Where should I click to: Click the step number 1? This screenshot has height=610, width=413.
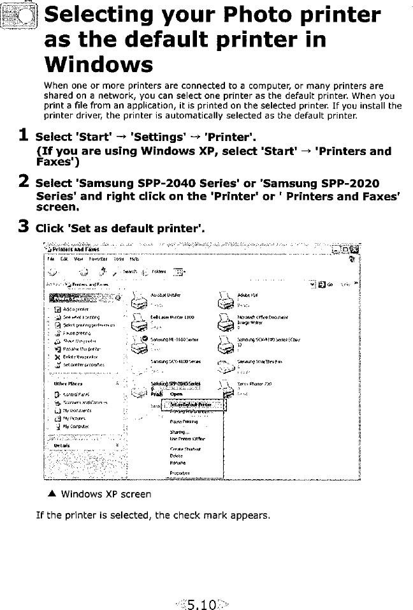pyautogui.click(x=22, y=136)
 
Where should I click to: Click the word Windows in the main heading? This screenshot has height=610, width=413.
pyautogui.click(x=98, y=64)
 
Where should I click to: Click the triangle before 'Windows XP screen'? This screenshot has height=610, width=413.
pyautogui.click(x=49, y=493)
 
